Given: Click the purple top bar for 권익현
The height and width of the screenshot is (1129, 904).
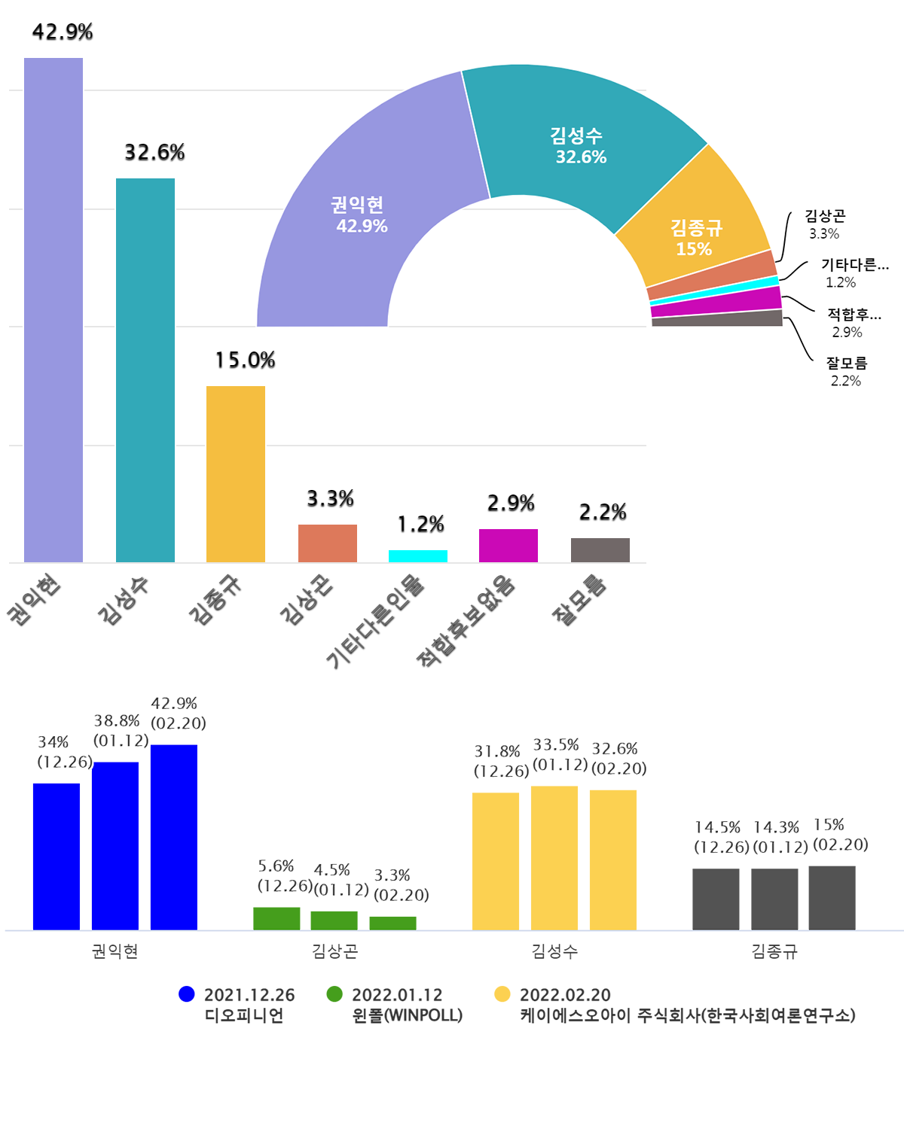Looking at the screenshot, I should pyautogui.click(x=53, y=309).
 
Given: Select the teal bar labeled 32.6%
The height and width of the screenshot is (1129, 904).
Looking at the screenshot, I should pyautogui.click(x=145, y=370).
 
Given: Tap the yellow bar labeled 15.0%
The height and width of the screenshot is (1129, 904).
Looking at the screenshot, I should pyautogui.click(x=236, y=473).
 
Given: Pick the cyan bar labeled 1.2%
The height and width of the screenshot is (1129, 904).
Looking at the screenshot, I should pyautogui.click(x=418, y=556).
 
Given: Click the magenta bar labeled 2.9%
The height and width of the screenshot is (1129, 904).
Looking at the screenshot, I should pyautogui.click(x=508, y=546).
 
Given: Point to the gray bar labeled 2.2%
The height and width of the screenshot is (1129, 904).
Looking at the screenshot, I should pyautogui.click(x=600, y=550).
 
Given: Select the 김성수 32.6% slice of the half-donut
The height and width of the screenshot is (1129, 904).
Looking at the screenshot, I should pyautogui.click(x=580, y=143).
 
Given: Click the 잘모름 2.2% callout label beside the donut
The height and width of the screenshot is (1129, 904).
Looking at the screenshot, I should pyautogui.click(x=847, y=372).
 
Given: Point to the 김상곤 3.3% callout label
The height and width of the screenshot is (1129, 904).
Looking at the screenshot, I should pyautogui.click(x=825, y=224).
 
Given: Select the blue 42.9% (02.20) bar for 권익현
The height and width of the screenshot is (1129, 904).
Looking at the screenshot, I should pyautogui.click(x=174, y=837).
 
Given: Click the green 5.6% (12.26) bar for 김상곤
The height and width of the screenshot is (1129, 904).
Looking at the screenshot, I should pyautogui.click(x=276, y=918).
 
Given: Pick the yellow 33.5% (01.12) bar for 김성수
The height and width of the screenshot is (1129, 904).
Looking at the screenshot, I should pyautogui.click(x=554, y=858).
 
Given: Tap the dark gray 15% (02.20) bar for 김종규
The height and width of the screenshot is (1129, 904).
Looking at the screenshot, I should pyautogui.click(x=832, y=898).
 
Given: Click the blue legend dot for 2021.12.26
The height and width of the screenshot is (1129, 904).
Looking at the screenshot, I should pyautogui.click(x=187, y=994).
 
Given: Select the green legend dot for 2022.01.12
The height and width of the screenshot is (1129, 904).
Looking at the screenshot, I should pyautogui.click(x=334, y=994).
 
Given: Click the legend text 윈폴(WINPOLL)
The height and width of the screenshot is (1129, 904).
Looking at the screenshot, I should pyautogui.click(x=408, y=1015).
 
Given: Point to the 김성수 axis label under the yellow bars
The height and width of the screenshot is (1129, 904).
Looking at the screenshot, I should pyautogui.click(x=554, y=951).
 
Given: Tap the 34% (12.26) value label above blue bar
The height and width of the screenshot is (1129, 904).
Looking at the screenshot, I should pyautogui.click(x=64, y=752).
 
